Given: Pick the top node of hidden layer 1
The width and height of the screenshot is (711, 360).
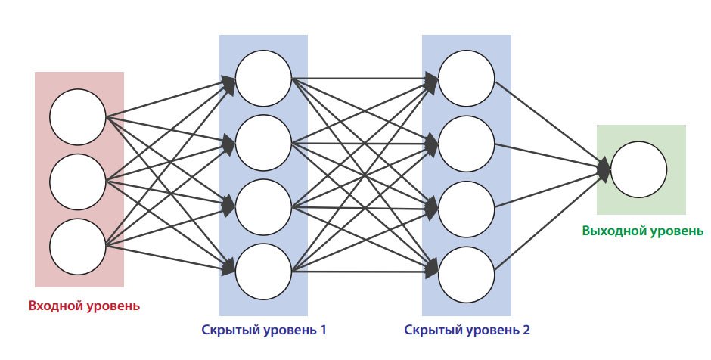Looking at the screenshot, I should click(x=263, y=78).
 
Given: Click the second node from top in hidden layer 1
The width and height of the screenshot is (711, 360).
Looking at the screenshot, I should click(x=263, y=142).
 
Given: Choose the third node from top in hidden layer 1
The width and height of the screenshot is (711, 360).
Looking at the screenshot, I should click(x=263, y=206).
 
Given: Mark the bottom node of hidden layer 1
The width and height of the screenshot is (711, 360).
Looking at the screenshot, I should click(x=263, y=271).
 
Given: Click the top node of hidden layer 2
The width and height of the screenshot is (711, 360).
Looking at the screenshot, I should click(x=467, y=78).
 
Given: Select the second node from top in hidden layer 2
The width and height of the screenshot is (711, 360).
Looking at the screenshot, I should click(x=467, y=142).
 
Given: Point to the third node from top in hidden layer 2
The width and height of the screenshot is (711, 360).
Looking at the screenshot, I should click(x=467, y=206).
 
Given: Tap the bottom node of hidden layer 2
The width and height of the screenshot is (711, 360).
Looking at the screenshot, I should click(x=467, y=271).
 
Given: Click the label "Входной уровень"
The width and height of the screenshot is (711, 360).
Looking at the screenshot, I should click(x=84, y=306).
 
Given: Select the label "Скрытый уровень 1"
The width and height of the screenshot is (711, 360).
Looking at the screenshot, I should click(x=264, y=331).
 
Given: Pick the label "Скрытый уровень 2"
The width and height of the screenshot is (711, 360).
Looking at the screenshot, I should click(x=467, y=331).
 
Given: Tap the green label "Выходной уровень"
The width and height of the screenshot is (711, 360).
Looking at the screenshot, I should click(x=642, y=231).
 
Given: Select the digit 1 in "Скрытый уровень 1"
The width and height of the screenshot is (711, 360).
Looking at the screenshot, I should click(x=322, y=331).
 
